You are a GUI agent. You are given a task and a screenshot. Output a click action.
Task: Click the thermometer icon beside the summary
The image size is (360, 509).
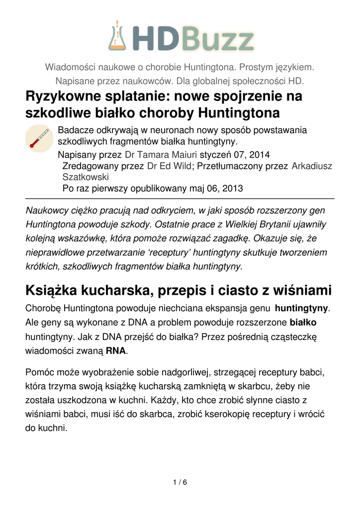[x=39, y=138]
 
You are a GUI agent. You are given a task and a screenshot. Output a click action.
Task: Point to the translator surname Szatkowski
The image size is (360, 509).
[x=86, y=177]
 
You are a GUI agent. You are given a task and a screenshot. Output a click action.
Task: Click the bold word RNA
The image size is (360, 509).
[x=115, y=350]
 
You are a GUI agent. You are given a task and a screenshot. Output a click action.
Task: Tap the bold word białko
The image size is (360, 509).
[x=303, y=322]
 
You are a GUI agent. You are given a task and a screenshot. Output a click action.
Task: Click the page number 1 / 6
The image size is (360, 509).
[x=180, y=482]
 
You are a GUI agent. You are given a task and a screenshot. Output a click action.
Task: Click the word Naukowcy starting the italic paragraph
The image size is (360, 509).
[x=47, y=210]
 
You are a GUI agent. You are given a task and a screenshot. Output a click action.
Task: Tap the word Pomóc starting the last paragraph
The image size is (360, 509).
[x=38, y=372]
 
